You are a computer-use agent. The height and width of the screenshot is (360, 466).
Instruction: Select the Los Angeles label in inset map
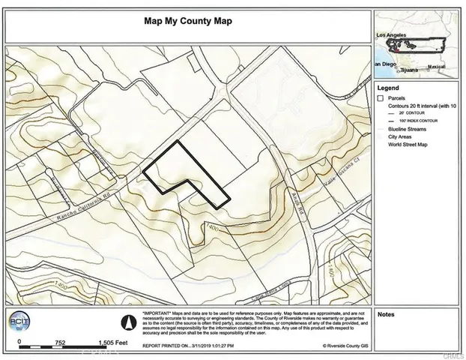click(390, 34)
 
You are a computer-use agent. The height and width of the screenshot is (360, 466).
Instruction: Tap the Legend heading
click(390, 88)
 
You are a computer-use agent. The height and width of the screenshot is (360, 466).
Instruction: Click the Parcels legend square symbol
click(381, 98)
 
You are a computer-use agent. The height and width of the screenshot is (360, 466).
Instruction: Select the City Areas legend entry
click(401, 136)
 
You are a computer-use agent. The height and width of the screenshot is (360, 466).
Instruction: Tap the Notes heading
click(387, 314)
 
